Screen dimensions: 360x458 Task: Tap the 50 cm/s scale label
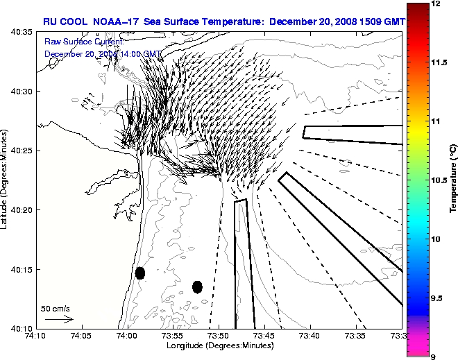(x=56, y=308)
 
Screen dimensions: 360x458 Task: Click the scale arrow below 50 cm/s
(x=59, y=319)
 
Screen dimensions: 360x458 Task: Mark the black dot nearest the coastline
(x=140, y=273)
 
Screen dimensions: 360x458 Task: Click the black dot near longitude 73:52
(x=197, y=286)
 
